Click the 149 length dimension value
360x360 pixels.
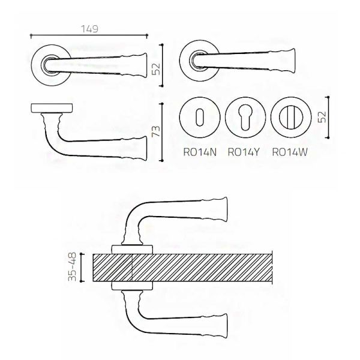90,29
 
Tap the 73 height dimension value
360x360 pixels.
156,131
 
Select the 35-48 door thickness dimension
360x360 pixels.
72,267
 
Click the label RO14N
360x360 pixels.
200,152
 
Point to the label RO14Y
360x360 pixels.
244,152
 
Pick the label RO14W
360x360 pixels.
290,152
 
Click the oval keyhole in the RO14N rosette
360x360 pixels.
200,118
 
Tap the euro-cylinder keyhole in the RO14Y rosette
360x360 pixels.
245,118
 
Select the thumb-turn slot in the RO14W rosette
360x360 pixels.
290,118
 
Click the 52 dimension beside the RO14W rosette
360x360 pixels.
322,117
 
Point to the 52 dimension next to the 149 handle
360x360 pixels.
156,69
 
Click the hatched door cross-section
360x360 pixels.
182,268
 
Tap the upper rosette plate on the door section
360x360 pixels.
132,250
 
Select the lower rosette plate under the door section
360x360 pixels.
132,286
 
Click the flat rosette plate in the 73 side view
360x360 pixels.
52,108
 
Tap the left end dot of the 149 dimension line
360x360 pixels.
31,35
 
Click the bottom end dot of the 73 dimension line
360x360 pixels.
163,161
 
